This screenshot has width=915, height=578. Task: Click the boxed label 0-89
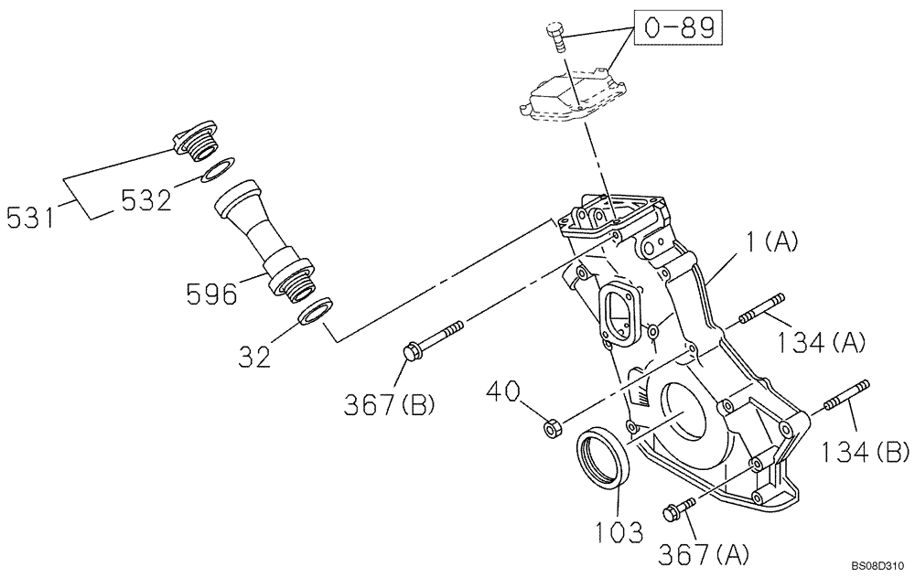point(678,29)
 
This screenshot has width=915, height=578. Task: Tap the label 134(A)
point(822,342)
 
